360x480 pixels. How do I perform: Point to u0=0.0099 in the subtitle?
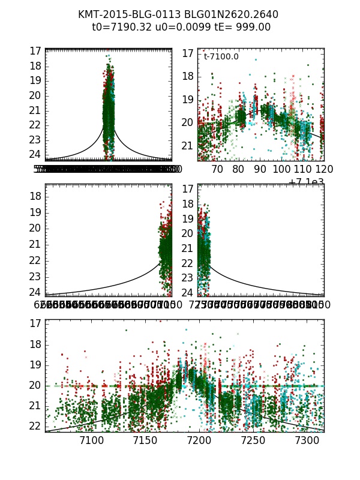pos(180,27)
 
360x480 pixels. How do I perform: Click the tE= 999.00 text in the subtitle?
pos(239,27)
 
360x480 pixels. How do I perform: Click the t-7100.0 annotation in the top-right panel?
pos(221,57)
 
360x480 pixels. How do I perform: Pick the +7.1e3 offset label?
pos(306,182)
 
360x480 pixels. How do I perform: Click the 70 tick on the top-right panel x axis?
pos(217,169)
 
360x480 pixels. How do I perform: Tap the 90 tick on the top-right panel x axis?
pos(260,169)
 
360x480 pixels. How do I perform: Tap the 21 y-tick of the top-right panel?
pos(187,146)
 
